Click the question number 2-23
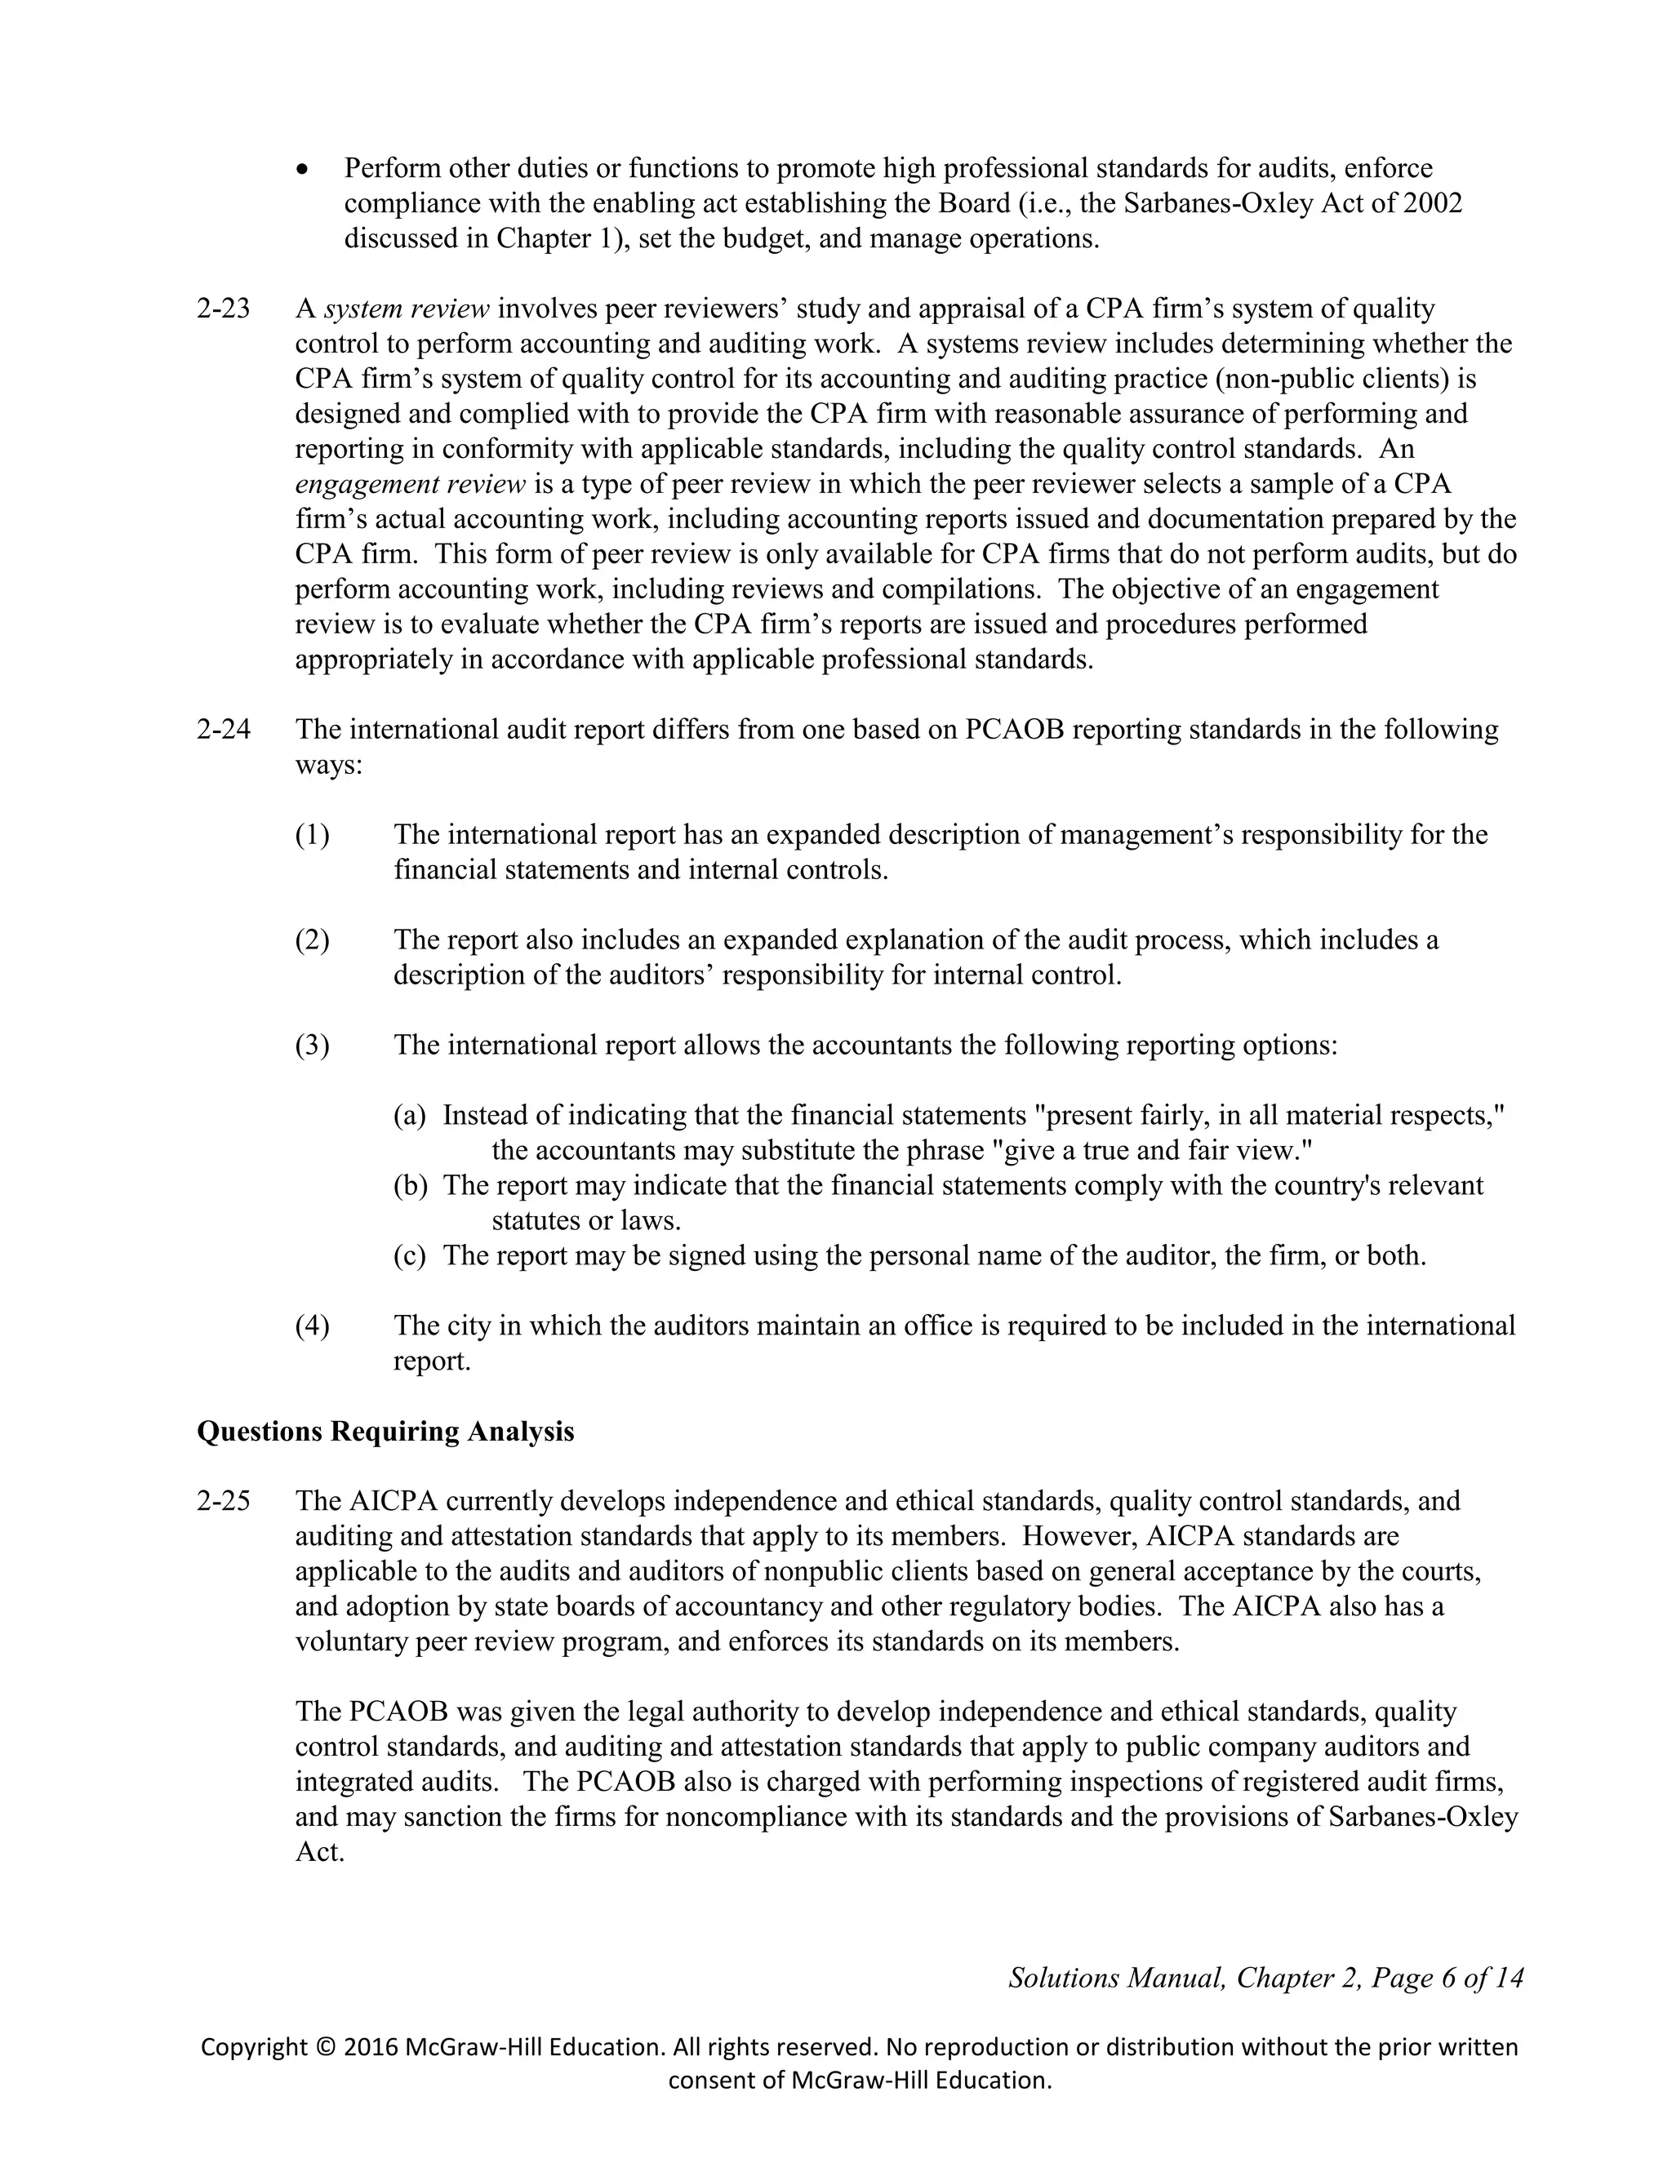(223, 309)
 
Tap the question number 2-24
(223, 730)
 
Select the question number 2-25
(223, 1501)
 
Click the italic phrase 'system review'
(407, 309)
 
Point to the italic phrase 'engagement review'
(410, 484)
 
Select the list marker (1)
(312, 835)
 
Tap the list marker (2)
(312, 939)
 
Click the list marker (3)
(312, 1045)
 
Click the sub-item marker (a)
(409, 1115)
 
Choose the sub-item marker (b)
(410, 1185)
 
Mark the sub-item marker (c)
(409, 1256)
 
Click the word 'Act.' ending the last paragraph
(319, 1852)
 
